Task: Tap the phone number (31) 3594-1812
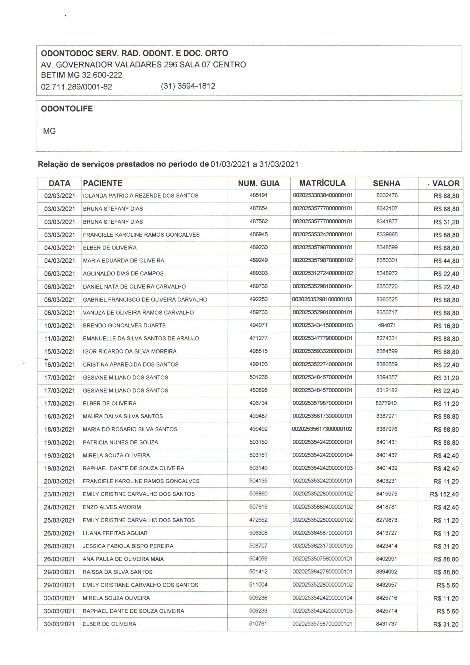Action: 188,86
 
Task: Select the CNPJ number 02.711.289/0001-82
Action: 76,87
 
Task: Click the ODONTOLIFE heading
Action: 67,109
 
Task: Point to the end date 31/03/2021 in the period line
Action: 279,164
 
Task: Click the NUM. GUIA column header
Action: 259,183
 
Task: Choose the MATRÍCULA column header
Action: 323,183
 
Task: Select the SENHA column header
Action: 386,183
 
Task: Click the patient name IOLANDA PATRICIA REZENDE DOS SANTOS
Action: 141,195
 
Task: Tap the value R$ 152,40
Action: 444,494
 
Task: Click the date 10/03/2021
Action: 60,326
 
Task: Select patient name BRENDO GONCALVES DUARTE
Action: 124,326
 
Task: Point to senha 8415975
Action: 387,493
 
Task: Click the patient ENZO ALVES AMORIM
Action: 112,507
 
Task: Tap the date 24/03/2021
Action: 59,507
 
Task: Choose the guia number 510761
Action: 258,623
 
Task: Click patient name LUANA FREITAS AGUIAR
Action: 115,533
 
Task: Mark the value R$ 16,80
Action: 446,326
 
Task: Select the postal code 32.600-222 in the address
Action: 102,75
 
